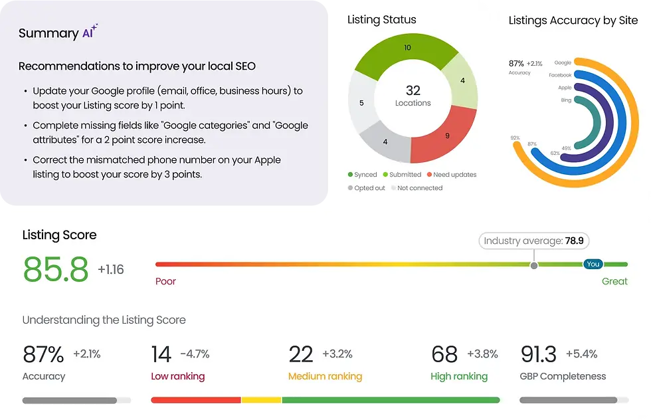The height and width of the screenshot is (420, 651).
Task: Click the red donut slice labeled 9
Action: [447, 136]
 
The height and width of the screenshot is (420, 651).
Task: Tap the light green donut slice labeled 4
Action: [462, 81]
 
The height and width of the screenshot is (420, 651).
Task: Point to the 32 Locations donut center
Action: [413, 96]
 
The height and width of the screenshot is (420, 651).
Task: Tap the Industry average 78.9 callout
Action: [533, 241]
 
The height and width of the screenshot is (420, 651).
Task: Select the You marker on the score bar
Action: [593, 264]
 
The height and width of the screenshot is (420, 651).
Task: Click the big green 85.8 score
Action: [56, 269]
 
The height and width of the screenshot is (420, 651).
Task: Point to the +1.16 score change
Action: [110, 270]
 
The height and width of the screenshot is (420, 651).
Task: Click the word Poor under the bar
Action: [165, 281]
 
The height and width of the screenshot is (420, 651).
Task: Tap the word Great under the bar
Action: [614, 281]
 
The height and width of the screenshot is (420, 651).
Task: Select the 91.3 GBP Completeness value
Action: [539, 354]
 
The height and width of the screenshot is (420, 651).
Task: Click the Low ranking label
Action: [177, 376]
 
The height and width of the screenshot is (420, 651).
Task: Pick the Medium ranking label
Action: [325, 376]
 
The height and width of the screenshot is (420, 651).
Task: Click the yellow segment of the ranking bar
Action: [261, 400]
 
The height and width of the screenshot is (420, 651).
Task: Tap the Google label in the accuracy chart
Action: [563, 63]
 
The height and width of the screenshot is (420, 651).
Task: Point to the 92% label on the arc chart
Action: [515, 138]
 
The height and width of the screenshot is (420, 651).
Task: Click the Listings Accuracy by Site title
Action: [573, 21]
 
